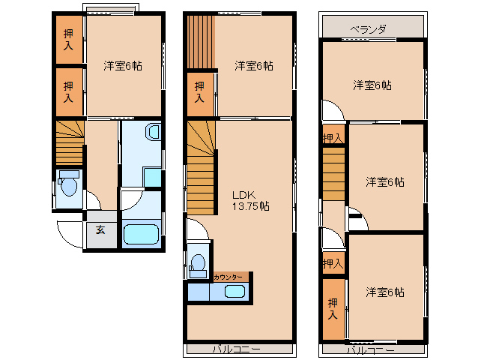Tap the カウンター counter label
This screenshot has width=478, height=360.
pyautogui.click(x=228, y=277)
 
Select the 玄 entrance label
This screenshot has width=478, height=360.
pyautogui.click(x=100, y=230)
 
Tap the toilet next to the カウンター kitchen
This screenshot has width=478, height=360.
pyautogui.click(x=198, y=264)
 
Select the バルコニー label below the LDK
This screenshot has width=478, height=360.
pyautogui.click(x=235, y=349)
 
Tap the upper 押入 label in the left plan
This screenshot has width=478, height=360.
pyautogui.click(x=68, y=39)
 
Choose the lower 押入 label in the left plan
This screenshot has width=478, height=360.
pyautogui.click(x=68, y=93)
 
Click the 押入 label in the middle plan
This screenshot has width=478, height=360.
pyautogui.click(x=199, y=92)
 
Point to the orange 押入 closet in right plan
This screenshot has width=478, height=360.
pyautogui.click(x=333, y=308)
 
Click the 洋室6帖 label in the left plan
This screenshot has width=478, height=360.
pyautogui.click(x=123, y=66)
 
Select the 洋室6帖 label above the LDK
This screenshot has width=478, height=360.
pyautogui.click(x=253, y=66)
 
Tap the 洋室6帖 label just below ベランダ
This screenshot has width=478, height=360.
pyautogui.click(x=372, y=85)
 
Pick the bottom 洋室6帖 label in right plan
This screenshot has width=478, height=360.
pyautogui.click(x=385, y=292)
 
